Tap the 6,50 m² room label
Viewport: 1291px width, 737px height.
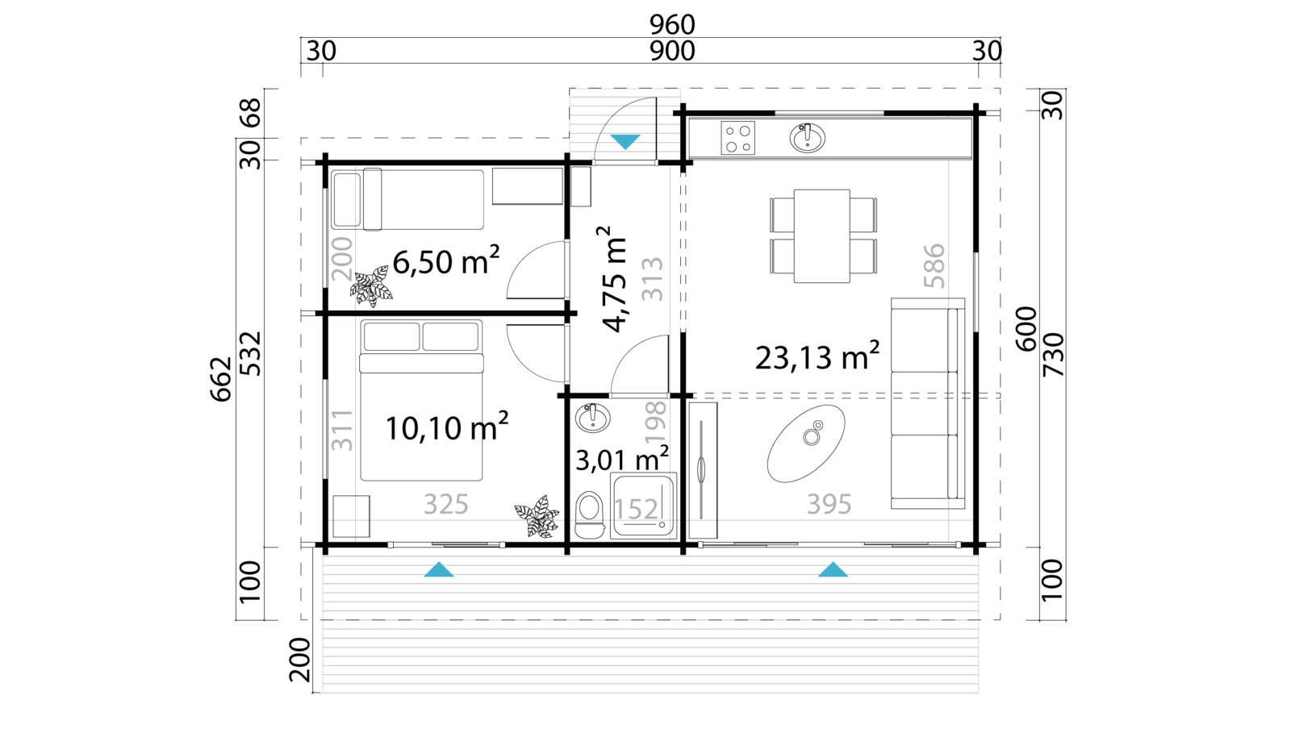point(445,261)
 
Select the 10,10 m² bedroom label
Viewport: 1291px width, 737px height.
point(447,427)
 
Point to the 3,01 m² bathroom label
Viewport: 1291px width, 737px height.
point(622,460)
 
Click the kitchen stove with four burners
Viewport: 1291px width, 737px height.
point(737,138)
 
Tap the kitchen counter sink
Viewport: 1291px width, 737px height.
point(807,138)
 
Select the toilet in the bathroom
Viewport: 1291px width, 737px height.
point(589,514)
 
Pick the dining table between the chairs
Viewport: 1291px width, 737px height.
point(822,236)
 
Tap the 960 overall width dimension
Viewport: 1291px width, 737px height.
point(672,25)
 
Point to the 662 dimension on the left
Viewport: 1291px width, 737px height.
point(221,379)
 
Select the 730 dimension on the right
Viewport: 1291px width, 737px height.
point(1054,355)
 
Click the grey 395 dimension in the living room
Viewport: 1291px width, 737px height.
point(829,505)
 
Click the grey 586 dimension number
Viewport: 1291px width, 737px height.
point(934,266)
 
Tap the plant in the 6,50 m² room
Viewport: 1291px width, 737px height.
point(371,286)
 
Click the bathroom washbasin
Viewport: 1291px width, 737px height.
point(592,418)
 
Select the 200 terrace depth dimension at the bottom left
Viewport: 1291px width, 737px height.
point(299,660)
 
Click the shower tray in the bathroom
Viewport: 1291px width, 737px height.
point(643,506)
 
